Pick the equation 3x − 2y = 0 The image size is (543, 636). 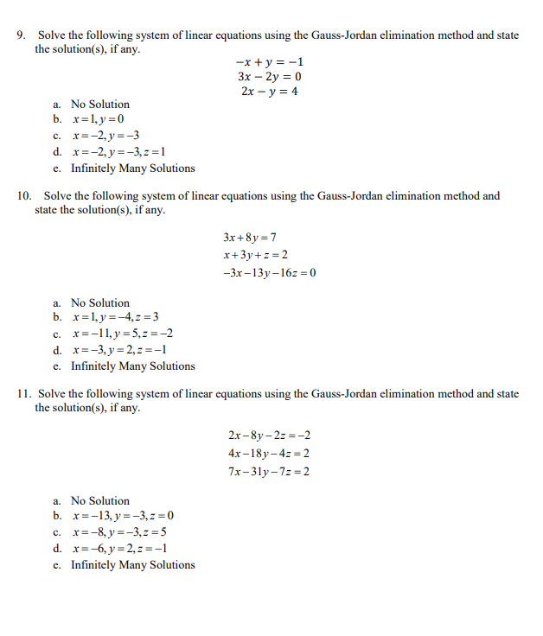tap(269, 77)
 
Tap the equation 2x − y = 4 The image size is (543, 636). tap(269, 91)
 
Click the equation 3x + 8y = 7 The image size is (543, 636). tap(249, 237)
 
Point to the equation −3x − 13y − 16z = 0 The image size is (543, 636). tap(269, 273)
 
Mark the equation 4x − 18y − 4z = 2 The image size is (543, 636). tap(269, 454)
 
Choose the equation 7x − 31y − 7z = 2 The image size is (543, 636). tap(269, 472)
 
